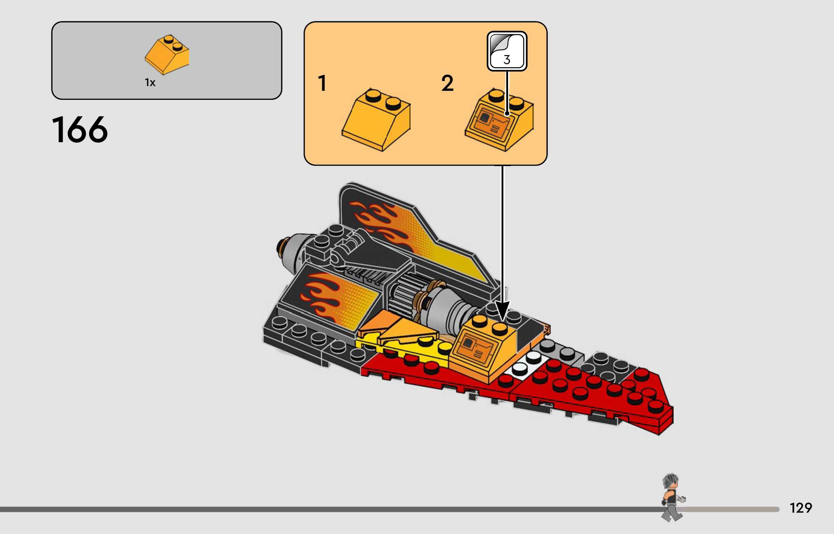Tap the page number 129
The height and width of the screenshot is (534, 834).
point(801,508)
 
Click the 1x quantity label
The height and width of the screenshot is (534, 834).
point(150,82)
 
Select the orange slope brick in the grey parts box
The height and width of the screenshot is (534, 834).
point(167,55)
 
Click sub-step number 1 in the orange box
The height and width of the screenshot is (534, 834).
point(322,83)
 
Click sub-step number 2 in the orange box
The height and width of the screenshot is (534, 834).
point(447,83)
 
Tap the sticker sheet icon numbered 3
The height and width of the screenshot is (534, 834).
point(507,51)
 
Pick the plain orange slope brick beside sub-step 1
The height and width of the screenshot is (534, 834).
point(376,119)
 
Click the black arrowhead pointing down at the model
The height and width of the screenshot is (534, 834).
point(502,311)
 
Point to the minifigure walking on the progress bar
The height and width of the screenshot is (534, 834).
point(672,497)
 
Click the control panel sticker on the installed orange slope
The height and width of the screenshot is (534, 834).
point(473,348)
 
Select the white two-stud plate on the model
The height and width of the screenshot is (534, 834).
point(526,363)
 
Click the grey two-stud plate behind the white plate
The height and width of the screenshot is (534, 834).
point(560,349)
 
